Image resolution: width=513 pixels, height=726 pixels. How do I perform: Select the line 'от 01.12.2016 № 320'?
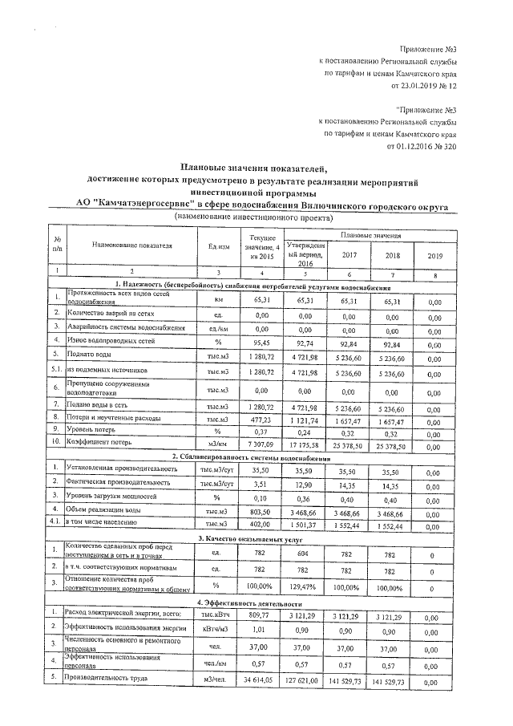[x=421, y=147]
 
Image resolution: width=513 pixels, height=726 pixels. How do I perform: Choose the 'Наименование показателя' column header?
[x=132, y=245]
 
